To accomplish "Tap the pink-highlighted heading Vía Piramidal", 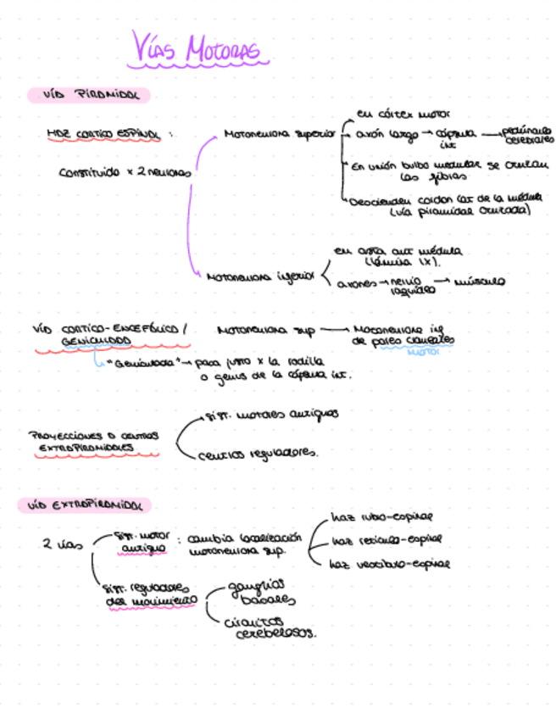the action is coord(89,94).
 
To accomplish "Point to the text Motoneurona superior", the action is coord(280,134).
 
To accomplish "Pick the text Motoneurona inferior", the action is coord(259,276).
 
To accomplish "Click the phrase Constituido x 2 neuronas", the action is coord(125,172).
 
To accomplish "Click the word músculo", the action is coord(480,280).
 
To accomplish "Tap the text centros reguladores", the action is coord(258,454).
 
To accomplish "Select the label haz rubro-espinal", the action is coord(381,516).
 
